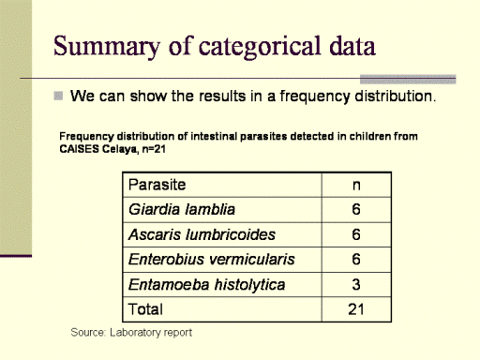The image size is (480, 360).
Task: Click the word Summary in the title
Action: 107,46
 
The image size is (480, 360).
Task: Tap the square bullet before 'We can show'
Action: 58,96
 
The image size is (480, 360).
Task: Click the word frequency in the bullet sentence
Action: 314,97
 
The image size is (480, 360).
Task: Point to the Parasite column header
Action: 157,185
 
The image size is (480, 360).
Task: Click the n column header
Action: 356,186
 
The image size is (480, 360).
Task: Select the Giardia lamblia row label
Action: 182,209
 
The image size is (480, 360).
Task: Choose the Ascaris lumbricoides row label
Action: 202,234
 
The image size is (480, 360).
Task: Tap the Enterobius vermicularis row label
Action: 212,260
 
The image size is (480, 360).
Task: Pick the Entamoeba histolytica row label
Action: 206,285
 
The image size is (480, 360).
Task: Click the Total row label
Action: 145,309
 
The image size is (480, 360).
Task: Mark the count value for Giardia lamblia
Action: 356,209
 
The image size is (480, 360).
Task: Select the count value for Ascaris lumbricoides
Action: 356,234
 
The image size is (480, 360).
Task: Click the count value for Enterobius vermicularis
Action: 356,260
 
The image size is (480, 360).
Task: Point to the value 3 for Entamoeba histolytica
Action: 356,285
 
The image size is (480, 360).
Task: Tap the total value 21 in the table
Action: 356,309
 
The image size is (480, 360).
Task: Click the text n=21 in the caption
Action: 154,149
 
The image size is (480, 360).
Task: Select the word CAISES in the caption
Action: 80,149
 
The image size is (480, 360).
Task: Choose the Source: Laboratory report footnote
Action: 131,332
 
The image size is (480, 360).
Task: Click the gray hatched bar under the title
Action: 408,80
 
